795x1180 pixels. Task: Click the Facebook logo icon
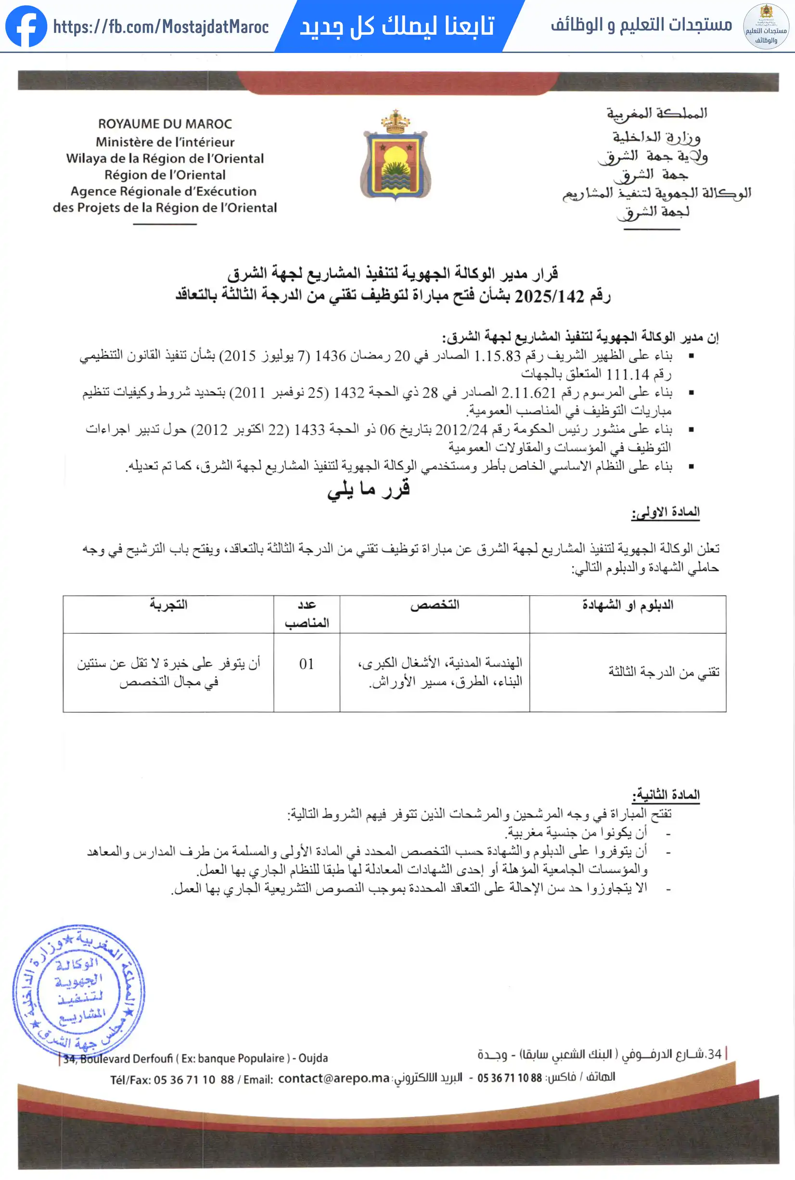pyautogui.click(x=26, y=26)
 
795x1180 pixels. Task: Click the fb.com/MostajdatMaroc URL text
pyautogui.click(x=161, y=27)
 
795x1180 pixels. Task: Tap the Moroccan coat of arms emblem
pyautogui.click(x=396, y=156)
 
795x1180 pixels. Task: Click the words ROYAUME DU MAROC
pyautogui.click(x=165, y=124)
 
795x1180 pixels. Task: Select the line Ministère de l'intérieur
pyautogui.click(x=165, y=142)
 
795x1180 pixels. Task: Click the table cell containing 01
pyautogui.click(x=306, y=664)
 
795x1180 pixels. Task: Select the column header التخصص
pyautogui.click(x=435, y=605)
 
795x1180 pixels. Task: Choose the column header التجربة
pyautogui.click(x=168, y=605)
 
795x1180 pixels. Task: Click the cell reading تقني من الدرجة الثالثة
pyautogui.click(x=664, y=672)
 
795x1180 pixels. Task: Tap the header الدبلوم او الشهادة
pyautogui.click(x=628, y=605)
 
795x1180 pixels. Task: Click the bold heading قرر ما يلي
pyautogui.click(x=369, y=489)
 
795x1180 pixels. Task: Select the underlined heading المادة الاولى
pyautogui.click(x=665, y=512)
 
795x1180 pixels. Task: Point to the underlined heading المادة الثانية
pyautogui.click(x=666, y=794)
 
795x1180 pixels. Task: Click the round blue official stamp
pyautogui.click(x=78, y=990)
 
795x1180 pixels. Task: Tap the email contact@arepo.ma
pyautogui.click(x=333, y=1078)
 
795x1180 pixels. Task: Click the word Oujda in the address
pyautogui.click(x=313, y=1058)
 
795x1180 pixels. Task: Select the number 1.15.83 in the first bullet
pyautogui.click(x=497, y=356)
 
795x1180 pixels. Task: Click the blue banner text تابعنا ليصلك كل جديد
pyautogui.click(x=397, y=26)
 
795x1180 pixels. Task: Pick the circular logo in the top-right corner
pyautogui.click(x=766, y=26)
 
